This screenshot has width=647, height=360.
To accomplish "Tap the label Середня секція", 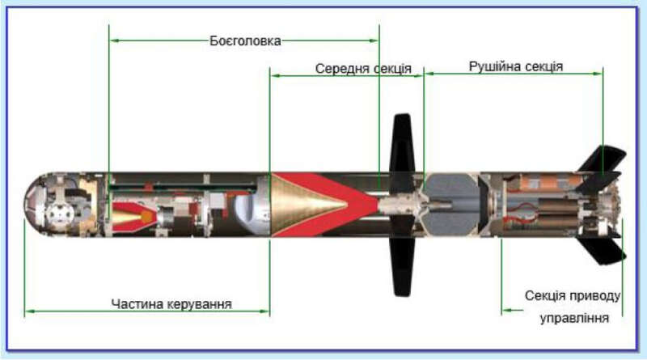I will pos(364,69).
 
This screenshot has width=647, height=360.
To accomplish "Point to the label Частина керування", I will pos(172,304).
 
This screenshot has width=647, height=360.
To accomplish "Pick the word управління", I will pos(573,318).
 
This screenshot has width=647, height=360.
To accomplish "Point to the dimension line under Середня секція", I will pos(347,75).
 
